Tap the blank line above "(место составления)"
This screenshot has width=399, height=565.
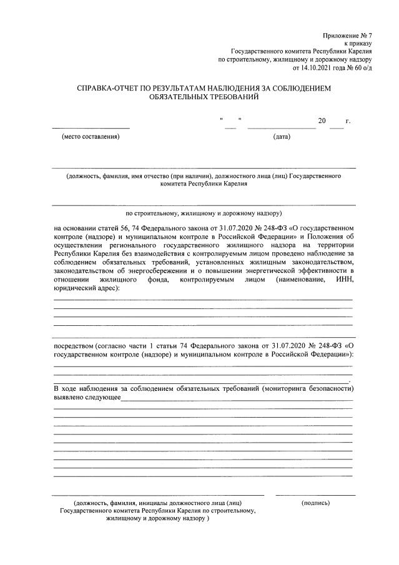(91, 127)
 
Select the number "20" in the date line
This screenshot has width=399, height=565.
(322, 121)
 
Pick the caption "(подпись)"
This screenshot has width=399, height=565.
(315, 503)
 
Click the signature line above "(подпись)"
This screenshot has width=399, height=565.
(315, 495)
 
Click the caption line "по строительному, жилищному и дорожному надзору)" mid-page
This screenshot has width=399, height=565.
(204, 212)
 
